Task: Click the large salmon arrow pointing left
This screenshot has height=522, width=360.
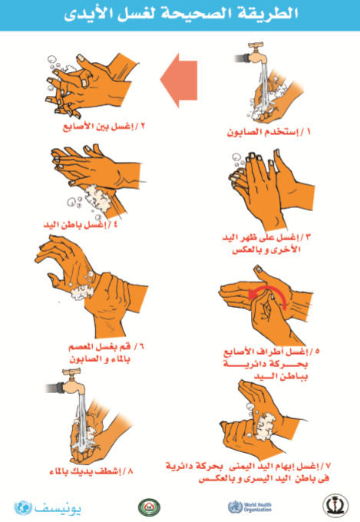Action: (179, 80)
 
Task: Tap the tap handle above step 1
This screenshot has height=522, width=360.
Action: (256, 45)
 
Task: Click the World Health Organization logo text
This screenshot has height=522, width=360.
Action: (257, 507)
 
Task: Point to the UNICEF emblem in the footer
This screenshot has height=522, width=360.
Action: (23, 508)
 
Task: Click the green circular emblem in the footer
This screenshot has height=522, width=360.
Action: (149, 507)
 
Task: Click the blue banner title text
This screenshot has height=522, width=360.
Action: (181, 15)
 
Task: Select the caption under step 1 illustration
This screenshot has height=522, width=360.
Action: (269, 132)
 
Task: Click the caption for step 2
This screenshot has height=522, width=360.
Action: (104, 127)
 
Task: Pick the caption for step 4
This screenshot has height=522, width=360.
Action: (81, 224)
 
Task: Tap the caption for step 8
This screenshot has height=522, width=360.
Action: (91, 471)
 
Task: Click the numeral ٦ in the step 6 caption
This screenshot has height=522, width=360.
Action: (140, 347)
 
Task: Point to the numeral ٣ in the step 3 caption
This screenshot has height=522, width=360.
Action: (307, 237)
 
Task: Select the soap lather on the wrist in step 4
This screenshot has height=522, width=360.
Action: (97, 199)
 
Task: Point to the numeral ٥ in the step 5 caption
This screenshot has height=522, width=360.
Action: (316, 352)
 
